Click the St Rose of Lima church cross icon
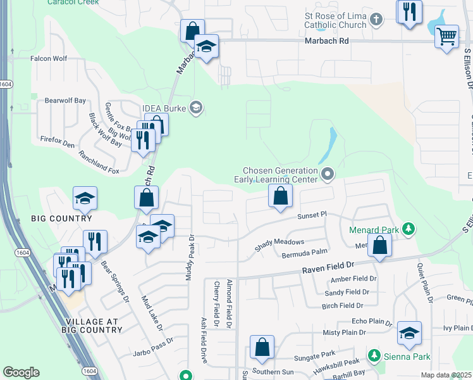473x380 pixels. pos(376,19)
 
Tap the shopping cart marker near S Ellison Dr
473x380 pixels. pos(446,36)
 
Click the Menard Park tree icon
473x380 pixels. pos(409,229)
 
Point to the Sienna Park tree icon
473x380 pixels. pos(374,357)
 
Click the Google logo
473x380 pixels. pos(21,372)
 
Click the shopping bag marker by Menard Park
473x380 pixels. pos(379,246)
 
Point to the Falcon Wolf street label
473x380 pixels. pos(49,58)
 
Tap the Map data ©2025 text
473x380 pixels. pos(446,375)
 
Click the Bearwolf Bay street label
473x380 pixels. pos(64,100)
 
